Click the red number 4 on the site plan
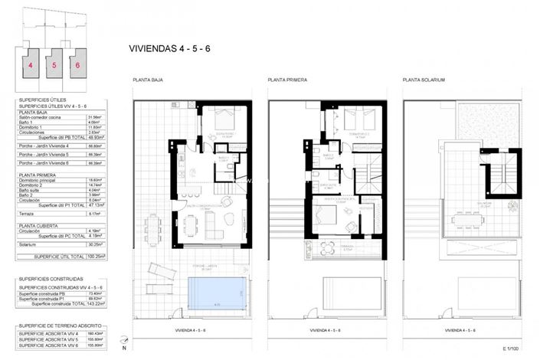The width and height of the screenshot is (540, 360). (31, 66)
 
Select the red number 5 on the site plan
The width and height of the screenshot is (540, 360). (54, 66)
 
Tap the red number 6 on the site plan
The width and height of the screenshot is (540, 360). (77, 66)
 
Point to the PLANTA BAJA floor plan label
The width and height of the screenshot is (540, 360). (148, 80)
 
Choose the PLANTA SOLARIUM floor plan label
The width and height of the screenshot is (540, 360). (424, 80)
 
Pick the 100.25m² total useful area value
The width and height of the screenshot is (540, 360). (96, 257)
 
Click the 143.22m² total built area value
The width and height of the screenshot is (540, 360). (96, 304)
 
